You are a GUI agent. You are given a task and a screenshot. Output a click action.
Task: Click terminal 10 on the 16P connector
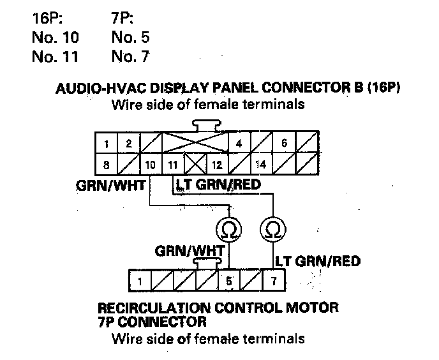tap(151, 164)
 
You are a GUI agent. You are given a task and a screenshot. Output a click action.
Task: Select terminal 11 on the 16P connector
tap(173, 164)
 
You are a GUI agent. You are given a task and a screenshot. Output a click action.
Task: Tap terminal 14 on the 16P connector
tap(261, 164)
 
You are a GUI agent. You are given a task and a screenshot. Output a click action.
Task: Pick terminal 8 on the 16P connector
tap(105, 164)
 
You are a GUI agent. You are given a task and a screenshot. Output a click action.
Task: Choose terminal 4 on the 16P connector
tap(239, 144)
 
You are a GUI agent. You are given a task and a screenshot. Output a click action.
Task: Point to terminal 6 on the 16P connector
tap(284, 144)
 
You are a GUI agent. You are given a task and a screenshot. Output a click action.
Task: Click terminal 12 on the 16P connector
tap(216, 164)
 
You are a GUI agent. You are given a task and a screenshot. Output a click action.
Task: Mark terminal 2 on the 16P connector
tap(128, 144)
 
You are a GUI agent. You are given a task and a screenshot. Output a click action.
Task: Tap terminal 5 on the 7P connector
tap(228, 280)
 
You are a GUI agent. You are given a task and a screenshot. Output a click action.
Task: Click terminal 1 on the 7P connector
tap(138, 280)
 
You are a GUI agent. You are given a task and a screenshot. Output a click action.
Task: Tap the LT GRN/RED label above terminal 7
tap(317, 261)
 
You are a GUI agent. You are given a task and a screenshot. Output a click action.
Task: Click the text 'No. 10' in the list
tap(55, 37)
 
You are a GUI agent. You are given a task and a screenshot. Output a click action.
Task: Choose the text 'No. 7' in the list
tap(130, 57)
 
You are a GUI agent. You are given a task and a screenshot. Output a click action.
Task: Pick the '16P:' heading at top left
tap(45, 17)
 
